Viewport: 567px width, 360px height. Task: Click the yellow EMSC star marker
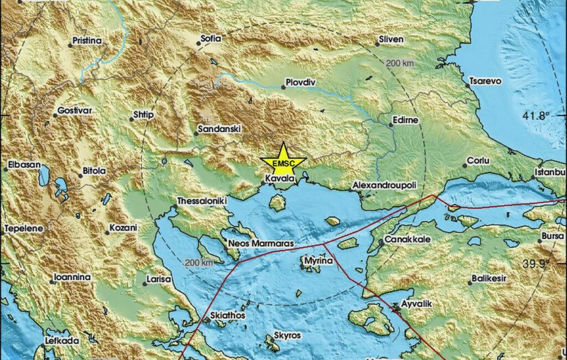click(283, 161)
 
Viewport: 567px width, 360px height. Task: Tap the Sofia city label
click(212, 39)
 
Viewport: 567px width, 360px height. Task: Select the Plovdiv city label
click(300, 83)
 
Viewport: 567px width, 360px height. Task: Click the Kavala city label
click(277, 179)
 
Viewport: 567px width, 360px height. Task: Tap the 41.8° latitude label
click(536, 116)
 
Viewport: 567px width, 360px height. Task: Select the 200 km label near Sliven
click(400, 63)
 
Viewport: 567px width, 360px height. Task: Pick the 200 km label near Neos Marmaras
click(199, 262)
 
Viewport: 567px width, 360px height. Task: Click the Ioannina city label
click(72, 277)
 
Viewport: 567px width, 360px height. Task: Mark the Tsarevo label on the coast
click(485, 81)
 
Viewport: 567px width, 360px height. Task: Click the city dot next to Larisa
click(146, 284)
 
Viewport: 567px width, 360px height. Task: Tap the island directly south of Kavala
click(277, 203)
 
